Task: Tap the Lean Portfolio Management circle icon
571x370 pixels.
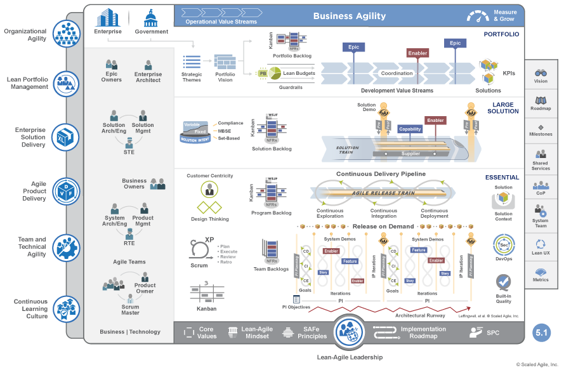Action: [x=66, y=83]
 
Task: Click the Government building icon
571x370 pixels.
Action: [x=151, y=17]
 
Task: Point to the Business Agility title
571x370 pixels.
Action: [x=349, y=16]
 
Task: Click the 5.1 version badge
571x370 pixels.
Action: [x=542, y=331]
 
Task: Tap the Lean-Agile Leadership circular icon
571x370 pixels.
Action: [x=350, y=331]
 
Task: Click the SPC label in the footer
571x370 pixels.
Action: [x=483, y=333]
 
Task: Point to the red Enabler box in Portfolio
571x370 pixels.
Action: [x=417, y=53]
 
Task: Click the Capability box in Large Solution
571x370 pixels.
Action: [x=410, y=129]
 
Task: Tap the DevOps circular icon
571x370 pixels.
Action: [x=502, y=244]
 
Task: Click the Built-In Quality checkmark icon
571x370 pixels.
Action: [x=503, y=281]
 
